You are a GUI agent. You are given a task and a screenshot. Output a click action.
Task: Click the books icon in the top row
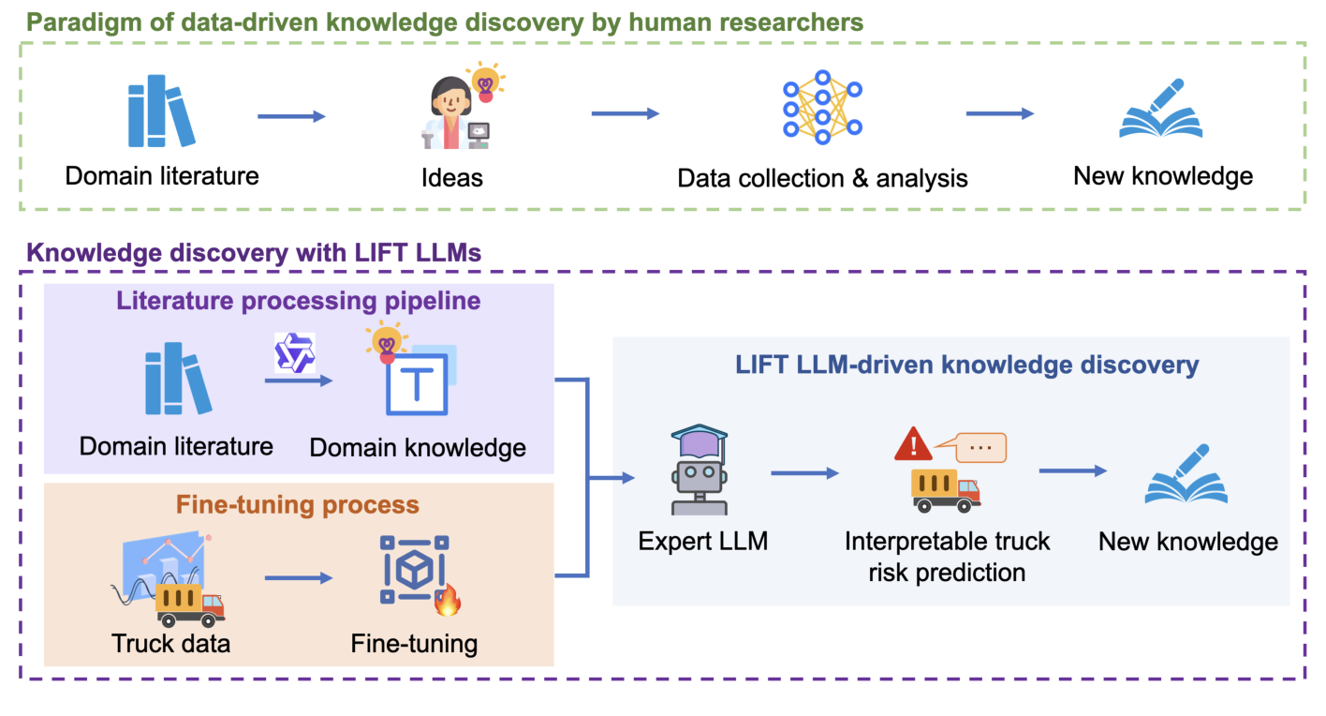161,112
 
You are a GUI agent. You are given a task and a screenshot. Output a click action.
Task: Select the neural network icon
822,108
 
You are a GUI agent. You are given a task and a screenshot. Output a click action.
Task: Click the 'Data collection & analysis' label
822,178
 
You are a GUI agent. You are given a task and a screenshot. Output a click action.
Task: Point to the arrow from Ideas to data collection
625,114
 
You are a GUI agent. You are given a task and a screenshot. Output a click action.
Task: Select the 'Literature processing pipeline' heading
299,302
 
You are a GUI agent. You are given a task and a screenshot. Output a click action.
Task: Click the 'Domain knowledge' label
418,447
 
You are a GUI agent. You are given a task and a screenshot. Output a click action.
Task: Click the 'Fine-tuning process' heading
299,504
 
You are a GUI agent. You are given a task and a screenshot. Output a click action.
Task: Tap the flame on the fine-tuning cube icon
449,600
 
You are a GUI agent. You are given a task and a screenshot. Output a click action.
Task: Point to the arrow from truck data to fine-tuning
298,578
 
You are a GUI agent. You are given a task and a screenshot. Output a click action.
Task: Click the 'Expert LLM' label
702,541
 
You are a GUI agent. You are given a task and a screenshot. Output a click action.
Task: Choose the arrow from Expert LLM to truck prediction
804,473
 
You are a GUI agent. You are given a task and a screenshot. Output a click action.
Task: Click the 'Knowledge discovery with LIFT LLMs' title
253,252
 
